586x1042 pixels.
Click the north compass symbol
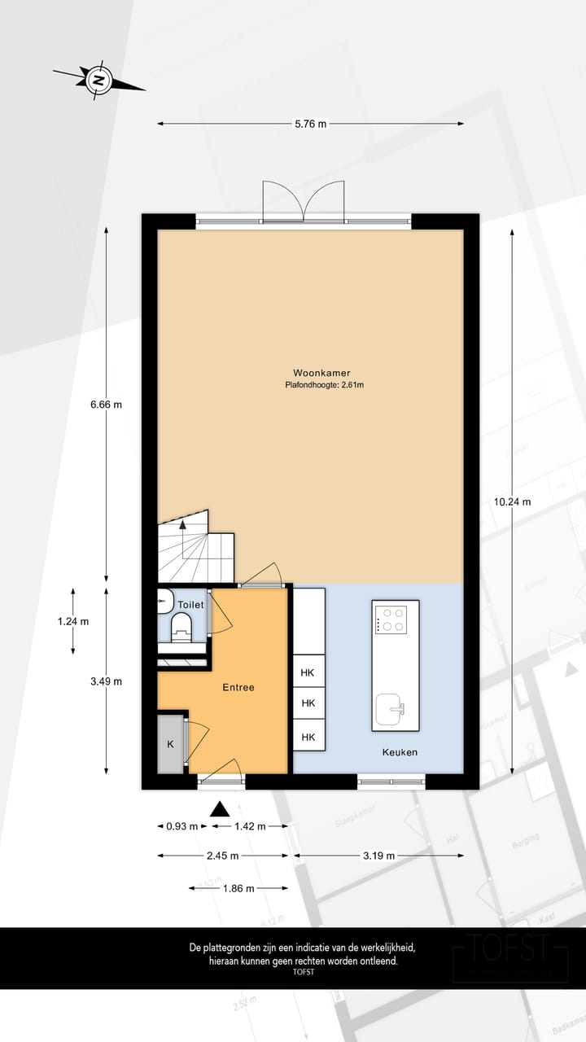click(98, 80)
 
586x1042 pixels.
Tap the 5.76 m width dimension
click(310, 124)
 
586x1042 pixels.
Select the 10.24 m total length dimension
click(512, 501)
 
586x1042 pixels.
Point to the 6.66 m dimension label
click(107, 404)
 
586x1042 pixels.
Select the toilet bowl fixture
click(181, 627)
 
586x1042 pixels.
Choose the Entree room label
click(238, 687)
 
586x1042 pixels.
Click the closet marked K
click(171, 744)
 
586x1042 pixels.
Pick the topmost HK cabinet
click(308, 672)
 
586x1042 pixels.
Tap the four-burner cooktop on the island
click(391, 620)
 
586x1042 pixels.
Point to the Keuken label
click(400, 752)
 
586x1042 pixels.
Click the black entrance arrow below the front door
click(219, 808)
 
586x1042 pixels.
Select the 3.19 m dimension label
click(378, 856)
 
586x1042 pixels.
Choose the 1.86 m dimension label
click(238, 888)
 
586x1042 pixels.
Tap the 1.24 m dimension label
click(73, 621)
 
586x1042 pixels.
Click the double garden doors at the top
click(304, 201)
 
